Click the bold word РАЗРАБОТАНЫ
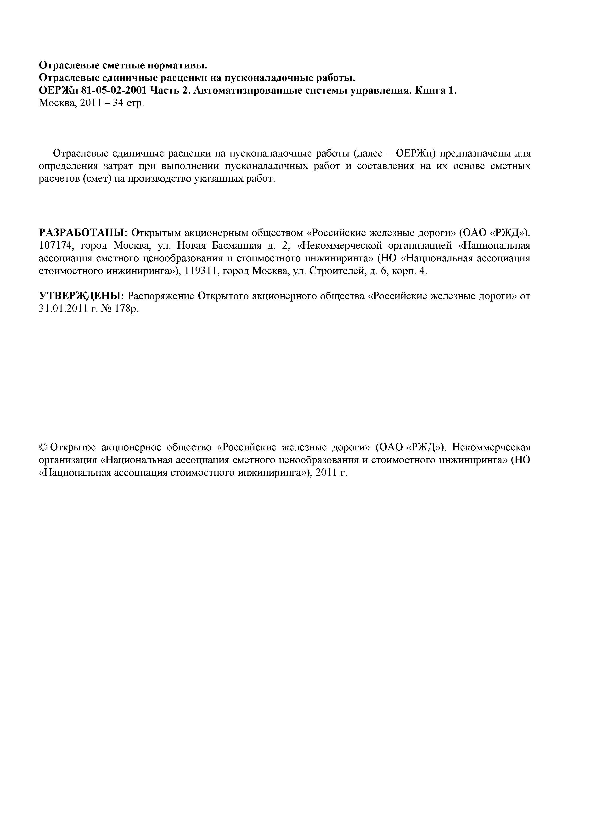[83, 233]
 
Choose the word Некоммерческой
[344, 246]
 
